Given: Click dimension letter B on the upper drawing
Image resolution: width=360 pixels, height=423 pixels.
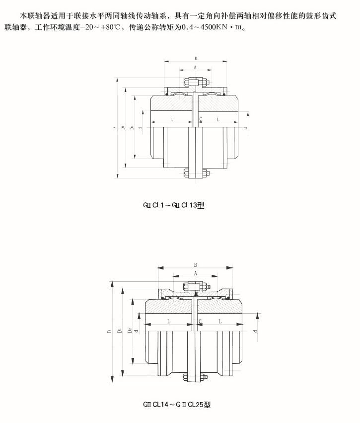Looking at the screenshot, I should click(196, 58).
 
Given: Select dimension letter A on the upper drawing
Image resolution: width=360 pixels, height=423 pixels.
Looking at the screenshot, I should click(195, 67).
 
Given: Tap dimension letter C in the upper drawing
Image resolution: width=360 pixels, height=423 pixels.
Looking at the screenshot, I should click(200, 120).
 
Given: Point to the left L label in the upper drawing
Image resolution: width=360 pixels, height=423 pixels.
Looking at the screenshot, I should click(171, 120).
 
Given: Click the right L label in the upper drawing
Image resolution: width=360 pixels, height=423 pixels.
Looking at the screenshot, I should click(218, 120).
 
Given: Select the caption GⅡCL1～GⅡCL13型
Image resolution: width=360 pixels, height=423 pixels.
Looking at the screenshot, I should click(173, 204).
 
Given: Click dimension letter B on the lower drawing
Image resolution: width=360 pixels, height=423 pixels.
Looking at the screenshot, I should click(196, 265).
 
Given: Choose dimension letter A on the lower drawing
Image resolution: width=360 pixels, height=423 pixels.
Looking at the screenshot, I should click(195, 273).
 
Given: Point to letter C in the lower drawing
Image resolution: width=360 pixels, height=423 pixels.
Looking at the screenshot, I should click(200, 322).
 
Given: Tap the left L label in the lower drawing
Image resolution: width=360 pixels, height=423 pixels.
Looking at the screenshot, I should click(169, 322).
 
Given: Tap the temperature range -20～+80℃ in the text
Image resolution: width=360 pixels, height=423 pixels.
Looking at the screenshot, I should click(92, 26).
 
